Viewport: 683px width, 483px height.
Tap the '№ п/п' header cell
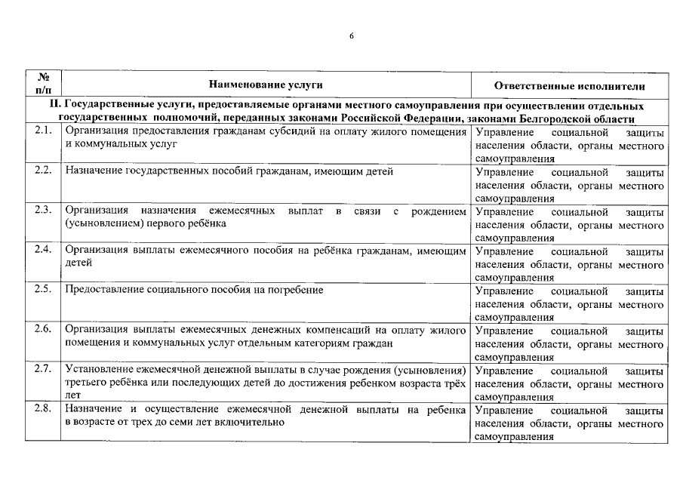[x=43, y=83]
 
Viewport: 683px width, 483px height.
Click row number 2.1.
[x=43, y=131]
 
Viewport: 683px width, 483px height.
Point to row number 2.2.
[x=43, y=171]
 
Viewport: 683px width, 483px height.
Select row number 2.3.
[x=43, y=211]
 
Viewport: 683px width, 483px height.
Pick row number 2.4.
[x=43, y=250]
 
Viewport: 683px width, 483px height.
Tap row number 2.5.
[x=43, y=290]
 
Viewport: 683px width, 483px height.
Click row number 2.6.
[x=43, y=329]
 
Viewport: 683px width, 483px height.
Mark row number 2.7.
[x=43, y=369]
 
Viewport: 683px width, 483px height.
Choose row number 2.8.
[x=43, y=409]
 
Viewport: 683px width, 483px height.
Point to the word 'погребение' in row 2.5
[x=296, y=290]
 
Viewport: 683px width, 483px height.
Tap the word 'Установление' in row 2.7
[x=99, y=370]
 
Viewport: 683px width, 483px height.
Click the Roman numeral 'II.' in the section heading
[x=54, y=106]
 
